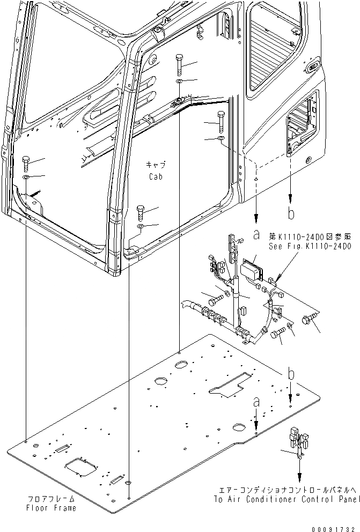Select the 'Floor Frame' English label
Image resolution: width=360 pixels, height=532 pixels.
point(52,508)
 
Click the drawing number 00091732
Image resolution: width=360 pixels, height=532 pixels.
point(332,525)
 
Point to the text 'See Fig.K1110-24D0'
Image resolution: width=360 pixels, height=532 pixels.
point(310,246)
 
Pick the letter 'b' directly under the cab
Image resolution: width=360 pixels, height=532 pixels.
point(291,214)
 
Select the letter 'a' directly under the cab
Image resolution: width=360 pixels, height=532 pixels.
point(256,234)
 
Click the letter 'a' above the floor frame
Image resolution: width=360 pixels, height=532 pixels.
point(256,401)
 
